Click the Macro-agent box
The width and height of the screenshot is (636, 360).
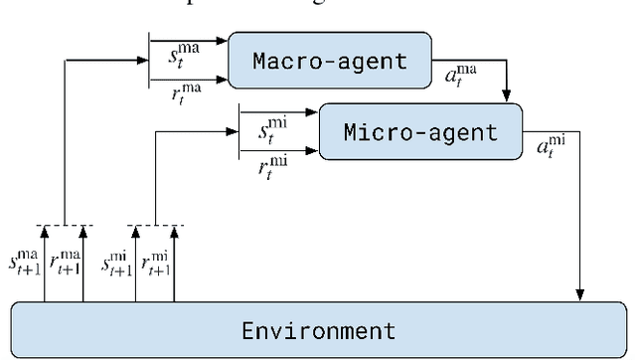coord(329,61)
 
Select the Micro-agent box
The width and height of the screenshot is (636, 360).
coord(420,132)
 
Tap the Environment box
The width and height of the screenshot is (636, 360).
coord(317,329)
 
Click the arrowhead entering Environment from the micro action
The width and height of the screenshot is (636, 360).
coord(579,294)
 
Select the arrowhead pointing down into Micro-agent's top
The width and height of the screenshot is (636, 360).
coord(507,97)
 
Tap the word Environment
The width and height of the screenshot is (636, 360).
coord(318,329)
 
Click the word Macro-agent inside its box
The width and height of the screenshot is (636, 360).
coord(329,61)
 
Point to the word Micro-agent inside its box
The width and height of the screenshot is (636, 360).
coord(420,132)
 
